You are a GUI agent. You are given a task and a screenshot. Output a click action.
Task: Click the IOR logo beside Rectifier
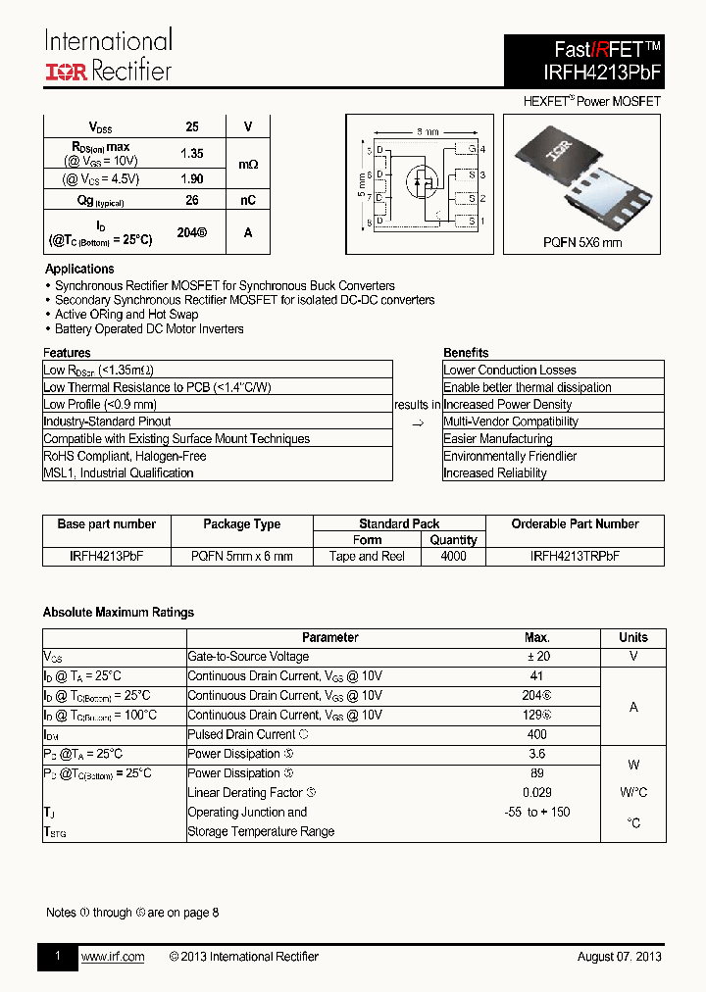[x=66, y=72]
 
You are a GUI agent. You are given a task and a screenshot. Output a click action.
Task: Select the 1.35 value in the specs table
[x=192, y=154]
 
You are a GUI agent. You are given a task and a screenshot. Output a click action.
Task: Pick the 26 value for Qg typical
[x=192, y=200]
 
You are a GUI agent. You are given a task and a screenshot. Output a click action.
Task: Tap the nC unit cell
[x=248, y=200]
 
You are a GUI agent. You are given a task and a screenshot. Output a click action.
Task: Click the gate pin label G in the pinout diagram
[x=472, y=149]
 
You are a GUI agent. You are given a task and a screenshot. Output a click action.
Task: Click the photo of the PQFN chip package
[x=583, y=176]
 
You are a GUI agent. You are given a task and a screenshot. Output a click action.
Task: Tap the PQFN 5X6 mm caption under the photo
[x=582, y=242]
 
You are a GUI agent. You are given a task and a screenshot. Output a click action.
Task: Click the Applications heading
[x=79, y=269]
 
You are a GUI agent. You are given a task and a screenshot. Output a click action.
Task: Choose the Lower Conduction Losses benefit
[x=510, y=371]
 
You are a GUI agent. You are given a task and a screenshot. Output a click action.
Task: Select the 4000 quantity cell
[x=454, y=556]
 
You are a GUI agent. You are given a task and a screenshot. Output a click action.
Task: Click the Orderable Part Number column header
[x=575, y=524]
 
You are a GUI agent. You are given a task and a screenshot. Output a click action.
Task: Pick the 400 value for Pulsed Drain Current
[x=536, y=734]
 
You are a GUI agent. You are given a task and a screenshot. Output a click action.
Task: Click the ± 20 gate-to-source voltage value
[x=536, y=657]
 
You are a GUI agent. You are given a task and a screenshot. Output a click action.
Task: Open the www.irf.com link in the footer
[x=113, y=957]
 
